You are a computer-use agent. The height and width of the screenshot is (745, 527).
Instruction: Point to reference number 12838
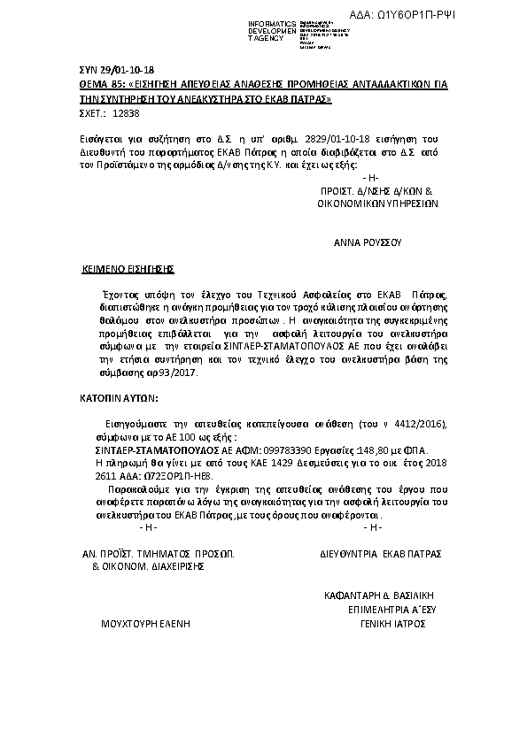[120, 113]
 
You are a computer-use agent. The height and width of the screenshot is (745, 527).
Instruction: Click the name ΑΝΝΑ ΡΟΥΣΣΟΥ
[368, 241]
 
